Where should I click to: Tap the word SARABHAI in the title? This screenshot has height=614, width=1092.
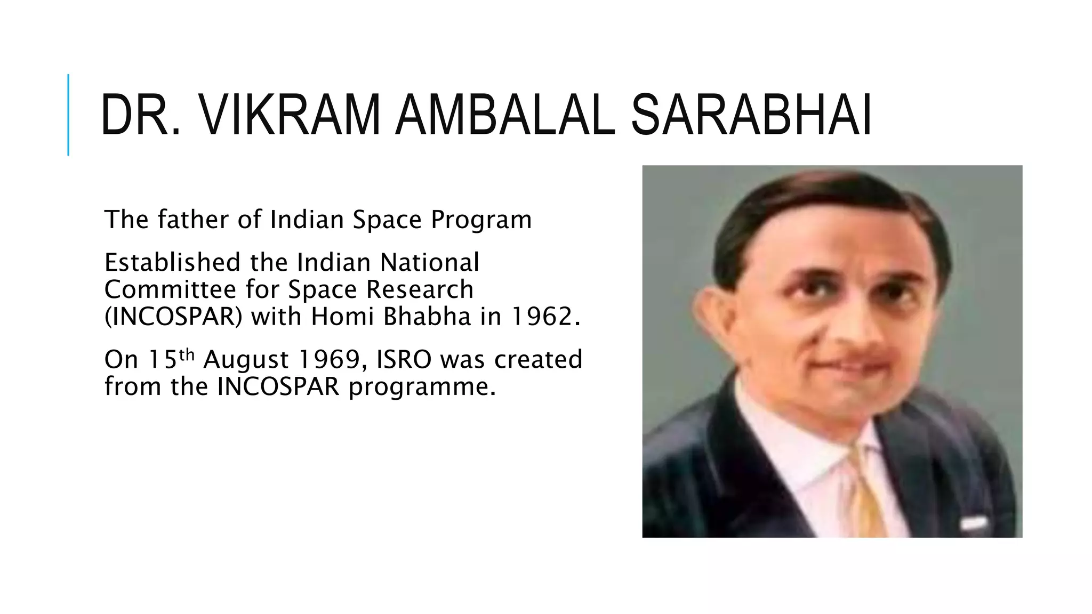(x=751, y=115)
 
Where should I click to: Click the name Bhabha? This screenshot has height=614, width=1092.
(x=427, y=317)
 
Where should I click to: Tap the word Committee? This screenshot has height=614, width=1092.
(x=170, y=290)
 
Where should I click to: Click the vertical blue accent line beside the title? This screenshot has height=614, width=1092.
(x=68, y=115)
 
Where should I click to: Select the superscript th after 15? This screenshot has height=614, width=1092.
(x=187, y=354)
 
